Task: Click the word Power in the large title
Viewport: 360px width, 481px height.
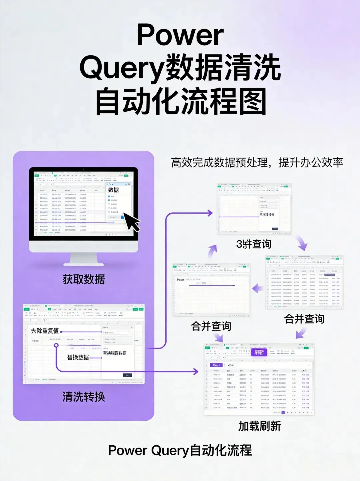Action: point(180,35)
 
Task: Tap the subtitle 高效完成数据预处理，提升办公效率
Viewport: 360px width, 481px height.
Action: point(257,163)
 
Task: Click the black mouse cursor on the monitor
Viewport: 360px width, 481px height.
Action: point(132,222)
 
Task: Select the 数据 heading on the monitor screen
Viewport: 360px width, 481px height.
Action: point(113,190)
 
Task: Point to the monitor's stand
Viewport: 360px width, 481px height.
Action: point(83,259)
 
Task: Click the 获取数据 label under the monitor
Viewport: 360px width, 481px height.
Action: point(84,279)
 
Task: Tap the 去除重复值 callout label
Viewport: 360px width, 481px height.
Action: point(45,331)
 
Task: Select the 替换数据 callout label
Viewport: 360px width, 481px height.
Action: point(78,357)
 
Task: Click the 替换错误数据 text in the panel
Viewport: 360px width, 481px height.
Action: point(115,353)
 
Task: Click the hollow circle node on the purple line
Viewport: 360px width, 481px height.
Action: point(56,345)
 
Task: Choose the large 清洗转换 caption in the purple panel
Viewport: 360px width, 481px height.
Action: point(84,397)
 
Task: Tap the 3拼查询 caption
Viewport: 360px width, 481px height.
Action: point(254,244)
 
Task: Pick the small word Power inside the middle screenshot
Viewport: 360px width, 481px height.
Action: point(180,280)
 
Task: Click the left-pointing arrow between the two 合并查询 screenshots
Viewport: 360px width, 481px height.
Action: point(257,288)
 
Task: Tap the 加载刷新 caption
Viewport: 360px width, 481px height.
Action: point(260,426)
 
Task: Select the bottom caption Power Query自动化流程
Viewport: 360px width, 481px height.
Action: point(180,450)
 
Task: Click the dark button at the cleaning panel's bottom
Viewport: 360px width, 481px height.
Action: point(128,375)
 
